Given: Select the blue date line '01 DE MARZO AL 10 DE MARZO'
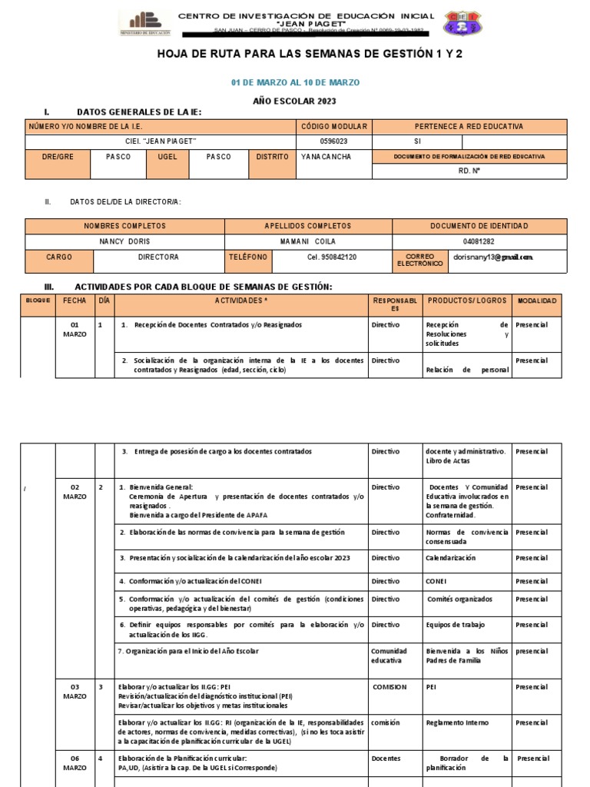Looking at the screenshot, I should (295, 82).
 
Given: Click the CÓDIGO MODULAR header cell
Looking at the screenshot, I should (334, 126).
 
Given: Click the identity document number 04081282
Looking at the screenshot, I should (479, 241).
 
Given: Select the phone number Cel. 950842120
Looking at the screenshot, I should (331, 257).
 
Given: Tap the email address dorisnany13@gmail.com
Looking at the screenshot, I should (493, 257).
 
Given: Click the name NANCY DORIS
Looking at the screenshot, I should (124, 241).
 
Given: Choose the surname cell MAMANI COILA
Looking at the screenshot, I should (308, 241).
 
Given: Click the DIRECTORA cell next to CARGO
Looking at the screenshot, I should (158, 257).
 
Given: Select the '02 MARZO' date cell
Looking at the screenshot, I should (75, 492).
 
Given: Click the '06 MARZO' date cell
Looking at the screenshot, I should (75, 763).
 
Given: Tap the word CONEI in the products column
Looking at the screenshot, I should (436, 581).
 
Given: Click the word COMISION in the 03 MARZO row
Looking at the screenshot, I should (389, 687).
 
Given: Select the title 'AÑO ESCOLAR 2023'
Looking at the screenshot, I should (295, 101).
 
